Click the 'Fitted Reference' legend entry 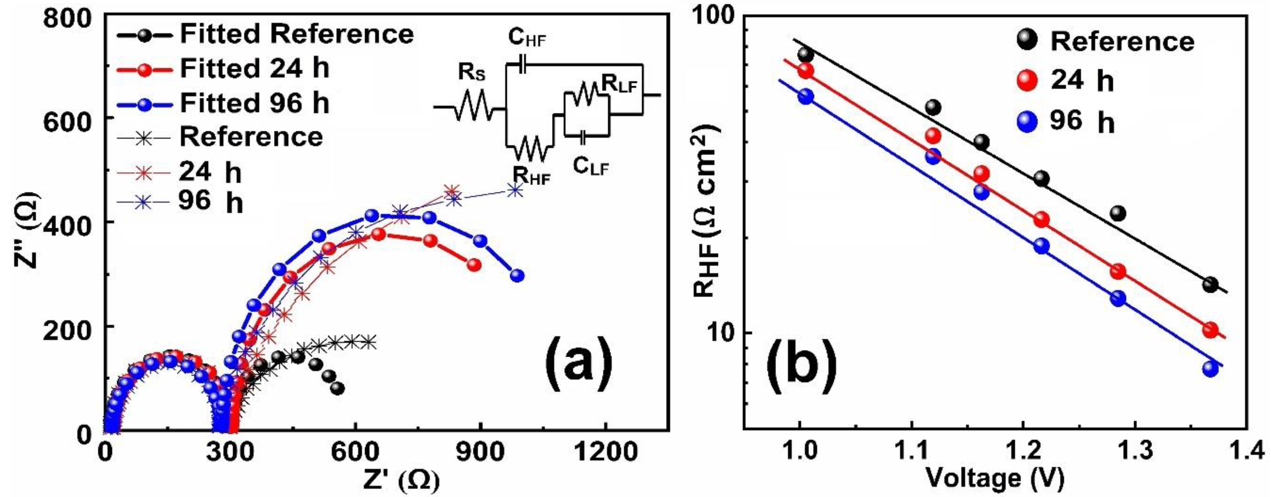pyautogui.click(x=296, y=34)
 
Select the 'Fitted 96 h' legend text pyautogui.click(x=254, y=104)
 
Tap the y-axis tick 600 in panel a pyautogui.click(x=74, y=117)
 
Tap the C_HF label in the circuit pyautogui.click(x=527, y=39)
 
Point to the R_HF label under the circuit pyautogui.click(x=531, y=176)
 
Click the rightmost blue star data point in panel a pyautogui.click(x=515, y=190)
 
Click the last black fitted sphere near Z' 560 pyautogui.click(x=338, y=389)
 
